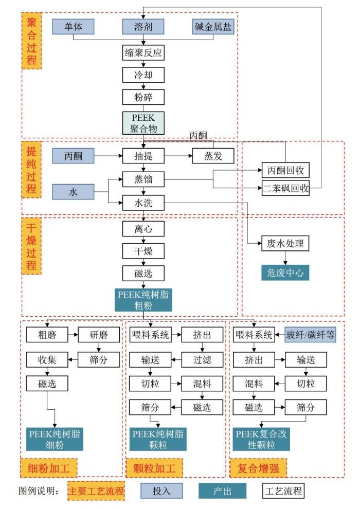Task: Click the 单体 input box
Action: click(74, 26)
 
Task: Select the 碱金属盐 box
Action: click(213, 26)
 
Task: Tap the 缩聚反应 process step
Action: click(143, 52)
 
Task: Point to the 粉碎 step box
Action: click(143, 97)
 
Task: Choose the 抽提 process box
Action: click(143, 156)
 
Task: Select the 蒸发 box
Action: click(213, 156)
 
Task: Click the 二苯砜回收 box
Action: click(285, 188)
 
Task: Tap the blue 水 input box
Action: click(74, 192)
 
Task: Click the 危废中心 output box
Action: click(285, 272)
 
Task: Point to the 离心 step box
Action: click(143, 228)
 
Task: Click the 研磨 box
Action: click(98, 335)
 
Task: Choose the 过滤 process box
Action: click(202, 359)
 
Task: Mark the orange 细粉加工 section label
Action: click(49, 468)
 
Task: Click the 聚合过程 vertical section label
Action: click(32, 42)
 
